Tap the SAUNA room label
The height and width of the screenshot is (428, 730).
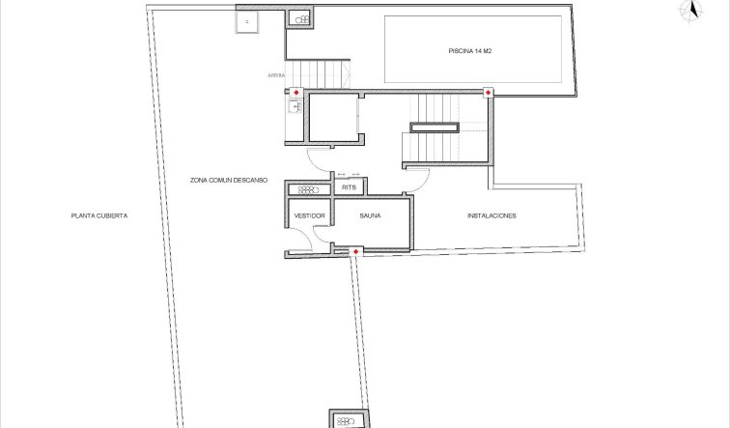pyautogui.click(x=369, y=215)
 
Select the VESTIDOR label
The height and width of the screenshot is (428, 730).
pyautogui.click(x=309, y=215)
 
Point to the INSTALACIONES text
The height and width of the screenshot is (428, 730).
pyautogui.click(x=491, y=215)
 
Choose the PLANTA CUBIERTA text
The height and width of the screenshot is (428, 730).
pyautogui.click(x=98, y=215)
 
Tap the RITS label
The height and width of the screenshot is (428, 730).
pyautogui.click(x=350, y=186)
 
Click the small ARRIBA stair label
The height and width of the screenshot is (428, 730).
pyautogui.click(x=277, y=74)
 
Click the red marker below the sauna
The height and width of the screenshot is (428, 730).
pyautogui.click(x=356, y=252)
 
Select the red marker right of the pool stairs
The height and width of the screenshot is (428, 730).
pyautogui.click(x=488, y=93)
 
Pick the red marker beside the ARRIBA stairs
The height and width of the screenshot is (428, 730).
pyautogui.click(x=296, y=93)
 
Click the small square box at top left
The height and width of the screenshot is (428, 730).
pyautogui.click(x=247, y=21)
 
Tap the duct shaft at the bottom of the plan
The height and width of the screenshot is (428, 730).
pyautogui.click(x=346, y=419)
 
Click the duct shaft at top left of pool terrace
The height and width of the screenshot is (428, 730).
pyautogui.click(x=300, y=18)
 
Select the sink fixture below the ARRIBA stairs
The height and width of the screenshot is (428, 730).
pyautogui.click(x=295, y=107)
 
